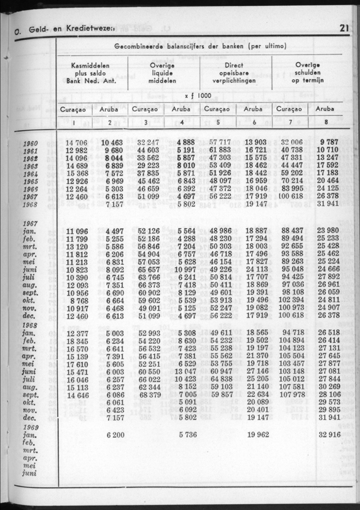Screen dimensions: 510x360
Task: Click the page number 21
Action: [344, 29]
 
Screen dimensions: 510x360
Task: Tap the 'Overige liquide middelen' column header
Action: [162, 73]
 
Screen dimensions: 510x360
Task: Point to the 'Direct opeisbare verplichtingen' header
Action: [234, 73]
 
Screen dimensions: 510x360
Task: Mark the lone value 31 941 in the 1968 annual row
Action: [327, 204]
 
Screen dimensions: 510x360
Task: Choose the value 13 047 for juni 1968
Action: [183, 372]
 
